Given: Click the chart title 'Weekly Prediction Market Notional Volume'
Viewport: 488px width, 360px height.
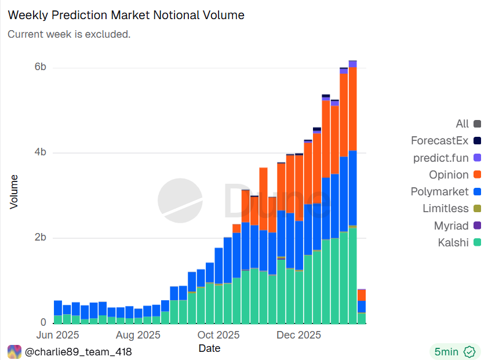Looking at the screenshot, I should (x=126, y=16).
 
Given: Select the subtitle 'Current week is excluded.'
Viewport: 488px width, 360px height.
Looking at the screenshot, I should (x=69, y=34).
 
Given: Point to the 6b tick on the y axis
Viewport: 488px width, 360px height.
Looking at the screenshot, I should (x=40, y=67).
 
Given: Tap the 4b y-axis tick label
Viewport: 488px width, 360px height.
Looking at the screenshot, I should (x=40, y=152).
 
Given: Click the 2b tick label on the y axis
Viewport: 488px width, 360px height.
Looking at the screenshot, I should (x=40, y=238).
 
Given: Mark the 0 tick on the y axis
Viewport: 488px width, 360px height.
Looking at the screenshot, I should (x=43, y=322).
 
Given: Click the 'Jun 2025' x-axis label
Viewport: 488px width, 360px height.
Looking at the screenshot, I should (x=57, y=335).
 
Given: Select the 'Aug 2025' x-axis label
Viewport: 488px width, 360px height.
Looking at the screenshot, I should (x=138, y=335).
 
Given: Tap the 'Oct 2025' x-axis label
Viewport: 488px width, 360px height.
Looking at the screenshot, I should (x=218, y=335).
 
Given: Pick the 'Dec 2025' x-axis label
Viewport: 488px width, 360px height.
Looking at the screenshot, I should (x=298, y=335).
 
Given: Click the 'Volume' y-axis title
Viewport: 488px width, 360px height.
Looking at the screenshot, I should (x=14, y=192).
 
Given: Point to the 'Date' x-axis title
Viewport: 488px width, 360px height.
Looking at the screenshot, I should (x=209, y=348).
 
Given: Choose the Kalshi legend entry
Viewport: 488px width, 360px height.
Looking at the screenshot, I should (x=453, y=242).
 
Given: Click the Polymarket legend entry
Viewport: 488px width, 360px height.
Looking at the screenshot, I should (x=439, y=192).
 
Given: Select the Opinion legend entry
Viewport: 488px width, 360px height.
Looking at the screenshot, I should (x=449, y=174).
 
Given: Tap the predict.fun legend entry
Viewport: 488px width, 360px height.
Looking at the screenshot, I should (x=440, y=158).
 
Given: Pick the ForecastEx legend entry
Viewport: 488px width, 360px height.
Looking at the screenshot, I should (x=439, y=141).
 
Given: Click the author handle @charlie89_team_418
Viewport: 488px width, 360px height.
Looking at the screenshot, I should (x=78, y=351).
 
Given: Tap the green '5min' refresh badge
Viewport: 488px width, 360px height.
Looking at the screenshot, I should (x=454, y=351).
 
